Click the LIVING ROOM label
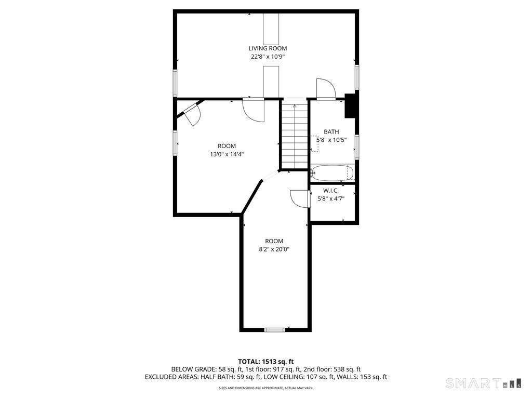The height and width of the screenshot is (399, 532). tap(267, 48)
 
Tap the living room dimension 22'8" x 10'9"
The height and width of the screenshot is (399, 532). tap(267, 57)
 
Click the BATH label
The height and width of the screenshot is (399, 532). tap(331, 132)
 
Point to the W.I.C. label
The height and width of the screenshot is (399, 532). tap(331, 190)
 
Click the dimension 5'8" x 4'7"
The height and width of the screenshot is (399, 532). tap(331, 198)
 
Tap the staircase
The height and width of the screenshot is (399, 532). tap(295, 136)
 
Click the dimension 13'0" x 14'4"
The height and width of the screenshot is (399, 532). tap(227, 154)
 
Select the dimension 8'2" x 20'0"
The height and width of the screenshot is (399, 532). tap(274, 249)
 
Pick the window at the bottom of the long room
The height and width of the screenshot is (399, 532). tap(274, 329)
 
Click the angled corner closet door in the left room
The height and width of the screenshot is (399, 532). tap(191, 113)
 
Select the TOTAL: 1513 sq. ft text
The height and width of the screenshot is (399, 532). tap(266, 361)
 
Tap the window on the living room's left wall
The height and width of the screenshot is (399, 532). tap(175, 82)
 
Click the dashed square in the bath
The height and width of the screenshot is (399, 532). tap(314, 147)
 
